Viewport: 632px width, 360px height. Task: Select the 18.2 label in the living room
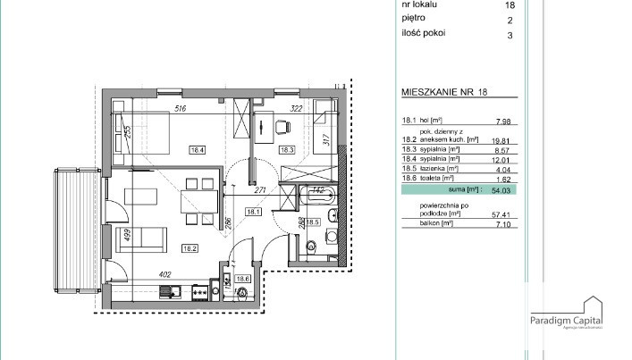pyautogui.click(x=189, y=249)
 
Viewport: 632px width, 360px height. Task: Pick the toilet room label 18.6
pyautogui.click(x=242, y=279)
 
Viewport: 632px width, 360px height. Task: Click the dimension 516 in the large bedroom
pyautogui.click(x=179, y=109)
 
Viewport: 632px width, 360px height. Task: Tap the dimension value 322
pyautogui.click(x=298, y=109)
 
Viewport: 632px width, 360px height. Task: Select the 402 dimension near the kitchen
pyautogui.click(x=164, y=275)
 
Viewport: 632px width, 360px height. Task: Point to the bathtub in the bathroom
pyautogui.click(x=316, y=197)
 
